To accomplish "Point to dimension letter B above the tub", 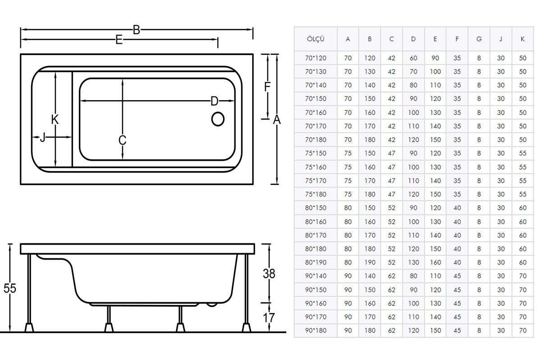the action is click(x=137, y=30).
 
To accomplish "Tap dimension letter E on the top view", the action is click(x=119, y=40).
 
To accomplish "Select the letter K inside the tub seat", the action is click(x=55, y=119).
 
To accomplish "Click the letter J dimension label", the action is click(x=43, y=137).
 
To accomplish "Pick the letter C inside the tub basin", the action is click(x=123, y=140).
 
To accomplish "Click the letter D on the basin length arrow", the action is click(x=214, y=101).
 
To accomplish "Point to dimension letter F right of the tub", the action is click(x=267, y=87).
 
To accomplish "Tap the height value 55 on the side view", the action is click(x=9, y=288).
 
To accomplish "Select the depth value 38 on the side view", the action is click(x=269, y=273).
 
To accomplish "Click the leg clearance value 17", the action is click(x=269, y=318).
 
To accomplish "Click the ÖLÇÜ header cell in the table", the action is click(x=316, y=39).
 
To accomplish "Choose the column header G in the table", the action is click(x=479, y=39).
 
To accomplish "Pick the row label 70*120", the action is click(x=316, y=58).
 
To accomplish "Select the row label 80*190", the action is click(x=316, y=262).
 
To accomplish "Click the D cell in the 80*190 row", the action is click(x=413, y=262).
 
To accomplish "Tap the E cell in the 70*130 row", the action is click(x=435, y=72).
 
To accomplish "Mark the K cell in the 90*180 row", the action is click(x=523, y=330).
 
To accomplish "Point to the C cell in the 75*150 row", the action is click(x=391, y=153).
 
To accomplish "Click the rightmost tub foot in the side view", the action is click(x=247, y=328).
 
